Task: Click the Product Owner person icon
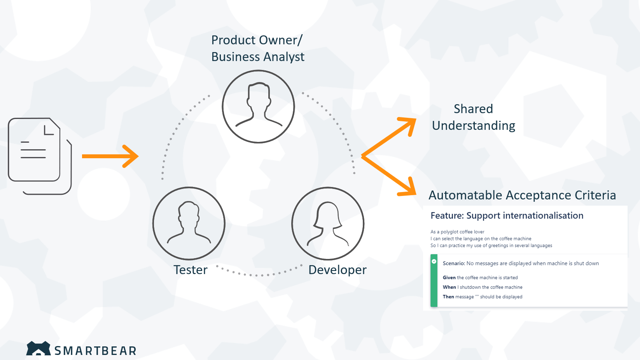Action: (x=259, y=107)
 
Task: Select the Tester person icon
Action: (x=189, y=224)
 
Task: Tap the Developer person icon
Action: (x=328, y=224)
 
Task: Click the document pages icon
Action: (x=39, y=156)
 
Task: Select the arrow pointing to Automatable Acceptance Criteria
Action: (x=389, y=175)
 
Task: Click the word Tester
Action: (x=191, y=270)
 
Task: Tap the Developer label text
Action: (x=337, y=270)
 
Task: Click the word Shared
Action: (x=473, y=109)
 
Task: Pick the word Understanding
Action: (x=474, y=126)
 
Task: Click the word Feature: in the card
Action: (x=447, y=216)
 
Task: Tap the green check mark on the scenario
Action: (x=434, y=261)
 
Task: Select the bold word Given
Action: (x=449, y=278)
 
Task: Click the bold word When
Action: (x=449, y=287)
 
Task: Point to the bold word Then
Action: (x=448, y=297)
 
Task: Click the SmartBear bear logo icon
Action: (x=38, y=349)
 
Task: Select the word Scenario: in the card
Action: (x=454, y=264)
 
